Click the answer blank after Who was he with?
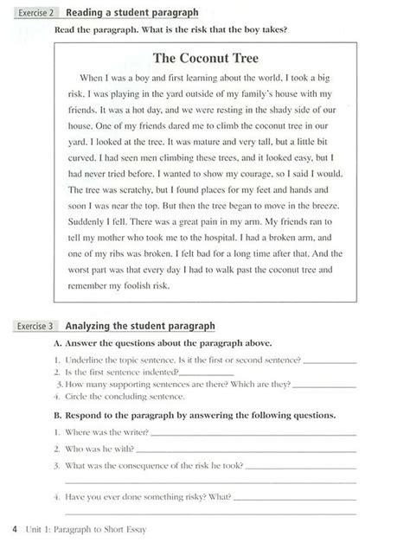pos(246,450)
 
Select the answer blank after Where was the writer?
pos(250,431)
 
